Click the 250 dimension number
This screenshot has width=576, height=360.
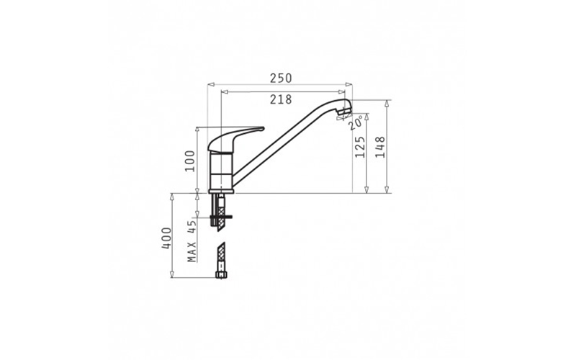point(281,78)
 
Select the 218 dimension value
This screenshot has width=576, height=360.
point(281,99)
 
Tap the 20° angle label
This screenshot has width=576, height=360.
point(356,122)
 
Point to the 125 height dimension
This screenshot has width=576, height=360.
point(360,147)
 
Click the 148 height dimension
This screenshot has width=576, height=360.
point(380,147)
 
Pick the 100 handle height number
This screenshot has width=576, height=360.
point(190,161)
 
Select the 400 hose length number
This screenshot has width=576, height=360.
point(166,238)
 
